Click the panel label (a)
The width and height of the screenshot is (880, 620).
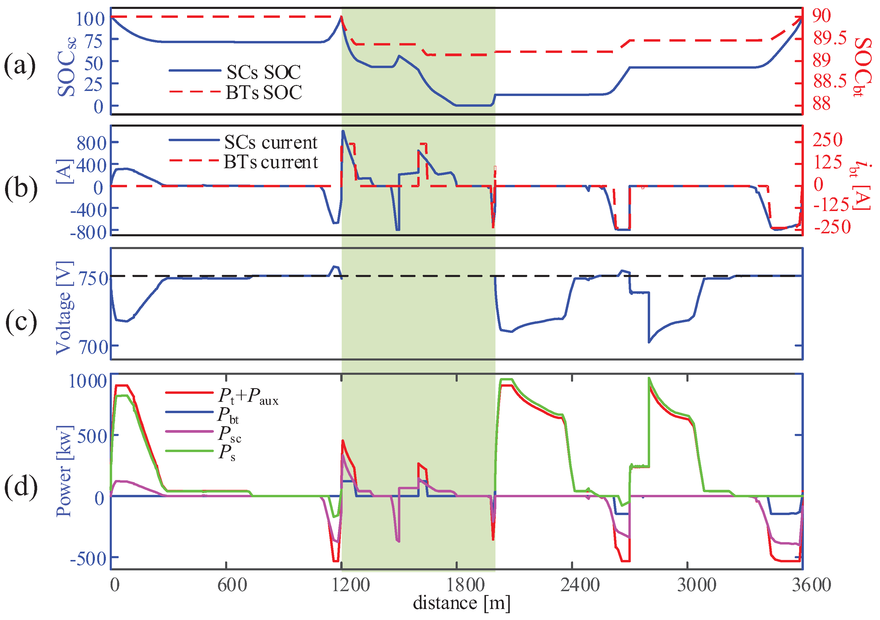point(20,65)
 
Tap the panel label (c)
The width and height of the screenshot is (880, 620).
point(21,322)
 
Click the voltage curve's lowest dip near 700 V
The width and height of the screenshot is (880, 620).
point(649,342)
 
